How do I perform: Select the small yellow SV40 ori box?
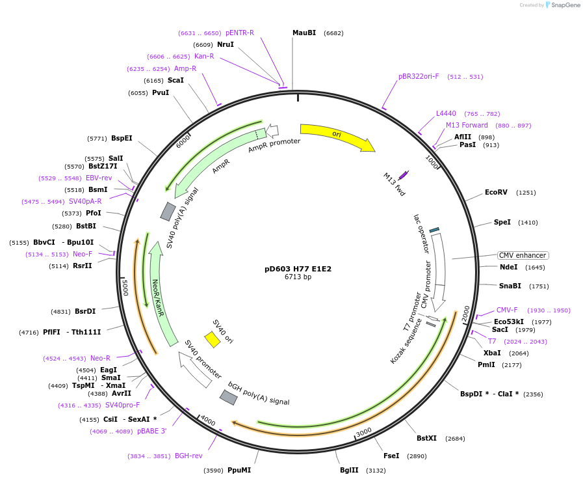[x=212, y=339]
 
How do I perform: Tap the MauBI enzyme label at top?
[x=304, y=33]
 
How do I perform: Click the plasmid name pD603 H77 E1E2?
[x=298, y=268]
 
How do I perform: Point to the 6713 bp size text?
[x=298, y=277]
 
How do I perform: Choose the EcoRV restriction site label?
[x=496, y=192]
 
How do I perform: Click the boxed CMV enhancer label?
[x=523, y=255]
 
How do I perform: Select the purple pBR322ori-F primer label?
[x=419, y=76]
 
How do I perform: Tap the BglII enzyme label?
[x=349, y=470]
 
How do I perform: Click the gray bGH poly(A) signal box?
[x=228, y=397]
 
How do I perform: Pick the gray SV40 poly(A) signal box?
[x=168, y=212]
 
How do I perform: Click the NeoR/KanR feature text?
[x=156, y=298]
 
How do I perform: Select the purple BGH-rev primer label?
[x=188, y=456]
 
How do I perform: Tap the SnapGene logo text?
[x=566, y=5]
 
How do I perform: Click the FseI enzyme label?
[x=391, y=456]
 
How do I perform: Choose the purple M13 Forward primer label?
[x=467, y=125]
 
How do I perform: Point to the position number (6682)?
[x=333, y=33]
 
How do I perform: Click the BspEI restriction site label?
[x=122, y=138]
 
